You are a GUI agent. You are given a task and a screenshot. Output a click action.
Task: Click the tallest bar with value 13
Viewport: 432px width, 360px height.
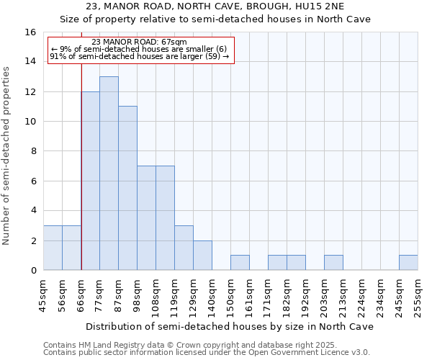(x=109, y=173)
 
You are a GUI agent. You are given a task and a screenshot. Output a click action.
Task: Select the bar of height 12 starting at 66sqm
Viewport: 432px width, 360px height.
(x=90, y=181)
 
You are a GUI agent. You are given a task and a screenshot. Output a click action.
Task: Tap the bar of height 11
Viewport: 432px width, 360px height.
(x=127, y=188)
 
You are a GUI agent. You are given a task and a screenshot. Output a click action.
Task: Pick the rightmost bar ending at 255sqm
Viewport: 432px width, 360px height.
(x=408, y=263)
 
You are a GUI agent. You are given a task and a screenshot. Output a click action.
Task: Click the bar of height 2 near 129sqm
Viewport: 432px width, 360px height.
(x=202, y=256)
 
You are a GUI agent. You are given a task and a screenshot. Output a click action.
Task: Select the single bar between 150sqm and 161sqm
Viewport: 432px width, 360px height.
(x=240, y=263)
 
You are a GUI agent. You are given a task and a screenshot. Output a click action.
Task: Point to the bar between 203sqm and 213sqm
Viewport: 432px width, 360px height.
(x=333, y=263)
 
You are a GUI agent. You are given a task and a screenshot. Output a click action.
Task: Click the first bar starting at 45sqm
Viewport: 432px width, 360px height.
(x=53, y=248)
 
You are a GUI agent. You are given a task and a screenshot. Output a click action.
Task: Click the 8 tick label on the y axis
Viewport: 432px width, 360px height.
(x=32, y=151)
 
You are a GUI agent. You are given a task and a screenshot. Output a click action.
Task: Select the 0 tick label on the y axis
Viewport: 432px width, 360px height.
(x=32, y=270)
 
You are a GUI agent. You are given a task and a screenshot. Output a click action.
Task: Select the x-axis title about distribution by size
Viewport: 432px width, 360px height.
(x=230, y=326)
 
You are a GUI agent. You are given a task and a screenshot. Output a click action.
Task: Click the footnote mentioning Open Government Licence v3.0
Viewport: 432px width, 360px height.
(x=207, y=353)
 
